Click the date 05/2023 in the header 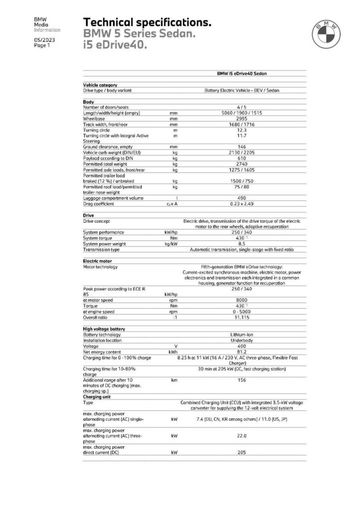[43, 39]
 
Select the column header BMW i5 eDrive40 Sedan [241, 73]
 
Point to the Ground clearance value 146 [241, 147]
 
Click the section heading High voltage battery [104, 329]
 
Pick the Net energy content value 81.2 [241, 352]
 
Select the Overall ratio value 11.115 [241, 317]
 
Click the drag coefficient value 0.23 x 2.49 [241, 204]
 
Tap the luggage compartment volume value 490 [241, 198]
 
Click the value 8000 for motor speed [241, 300]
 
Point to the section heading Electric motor [97, 260]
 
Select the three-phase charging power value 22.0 [241, 436]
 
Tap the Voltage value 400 [241, 346]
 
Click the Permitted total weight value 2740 [241, 164]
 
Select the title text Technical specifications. [147, 22]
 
